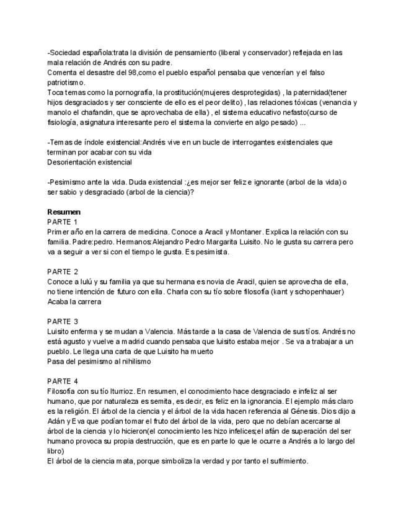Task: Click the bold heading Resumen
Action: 64,212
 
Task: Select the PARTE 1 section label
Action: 63,221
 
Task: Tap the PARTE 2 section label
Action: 63,272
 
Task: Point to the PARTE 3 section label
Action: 63,321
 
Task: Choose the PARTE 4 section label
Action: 63,381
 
